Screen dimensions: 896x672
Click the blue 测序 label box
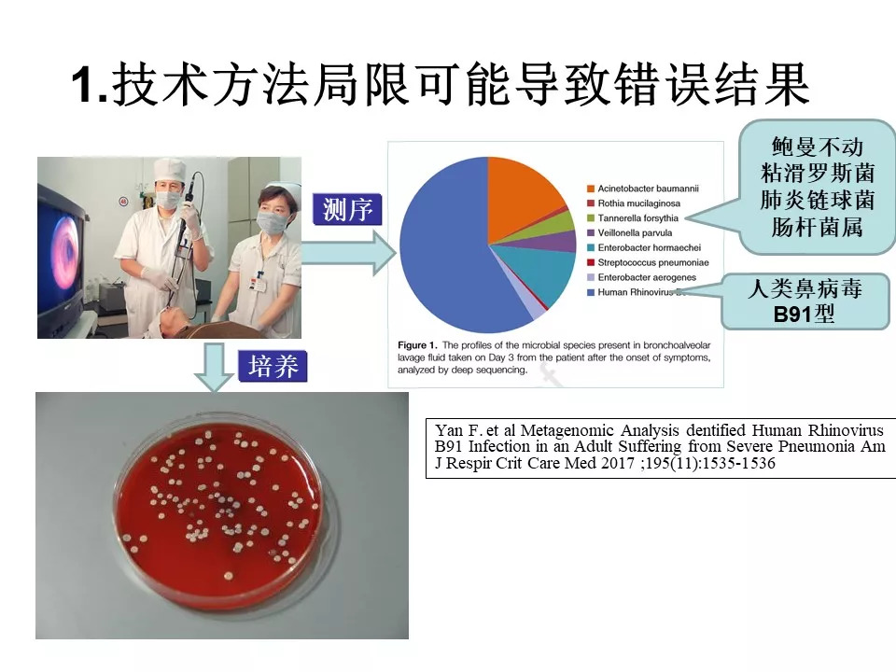coord(347,209)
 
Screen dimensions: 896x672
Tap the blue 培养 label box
coord(273,366)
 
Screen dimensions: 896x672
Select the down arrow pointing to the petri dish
coord(214,368)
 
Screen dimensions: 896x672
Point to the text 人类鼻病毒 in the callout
coord(805,288)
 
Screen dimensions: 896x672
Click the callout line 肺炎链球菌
coord(818,200)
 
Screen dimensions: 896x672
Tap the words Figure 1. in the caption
coord(417,345)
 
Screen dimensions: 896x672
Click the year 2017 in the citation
coord(617,463)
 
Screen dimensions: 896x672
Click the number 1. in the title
coord(91,86)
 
